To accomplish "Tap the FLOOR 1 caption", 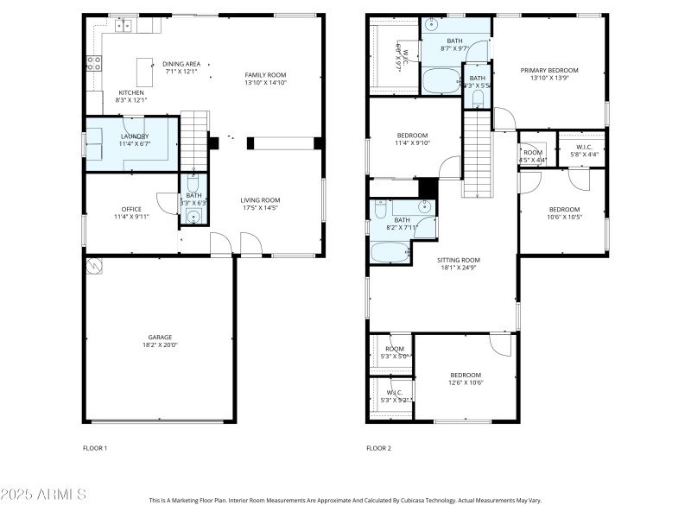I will [x=95, y=448].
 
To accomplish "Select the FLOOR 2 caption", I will [x=378, y=448].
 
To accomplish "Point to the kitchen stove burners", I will [x=93, y=61].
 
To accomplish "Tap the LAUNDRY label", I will [x=134, y=136].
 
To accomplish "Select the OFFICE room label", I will [x=131, y=209].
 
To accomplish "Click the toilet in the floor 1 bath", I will [x=193, y=184].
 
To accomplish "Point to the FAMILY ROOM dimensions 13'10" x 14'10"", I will [x=265, y=84].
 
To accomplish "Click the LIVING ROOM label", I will [x=260, y=200].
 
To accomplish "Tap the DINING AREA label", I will [x=181, y=64].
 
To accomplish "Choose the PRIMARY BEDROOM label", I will [x=548, y=71].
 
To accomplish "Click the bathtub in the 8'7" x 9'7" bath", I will [x=443, y=84].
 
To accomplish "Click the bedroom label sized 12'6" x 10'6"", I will [x=465, y=375].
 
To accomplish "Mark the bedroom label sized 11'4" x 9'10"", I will [x=412, y=136].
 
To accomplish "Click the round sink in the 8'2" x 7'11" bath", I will [x=425, y=206].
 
